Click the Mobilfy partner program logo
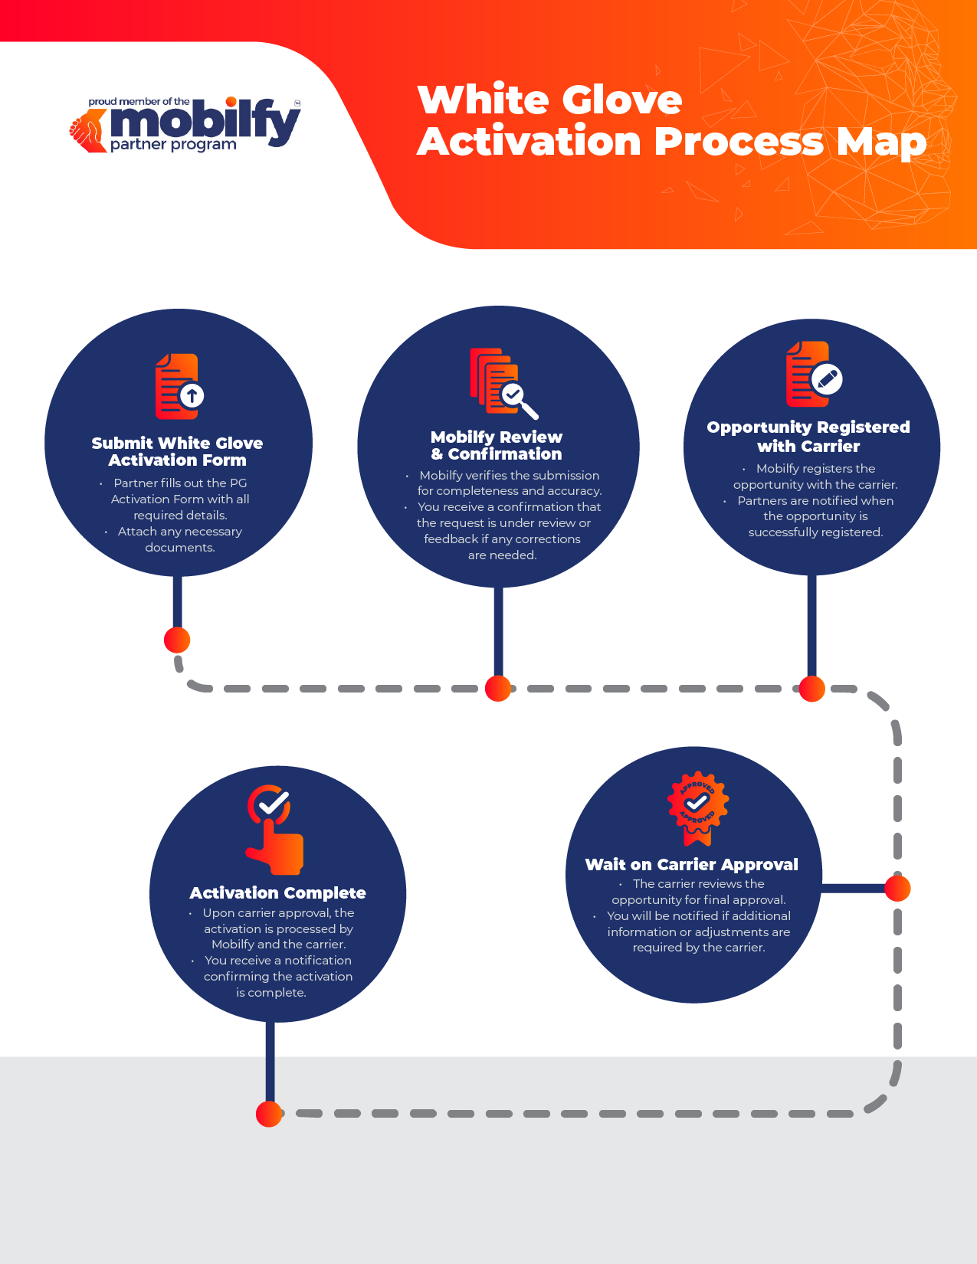point(185,125)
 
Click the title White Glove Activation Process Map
point(671,121)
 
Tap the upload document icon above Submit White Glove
point(179,387)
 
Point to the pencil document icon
point(813,375)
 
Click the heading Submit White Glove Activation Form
point(177,452)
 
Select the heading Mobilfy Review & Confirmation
point(497,446)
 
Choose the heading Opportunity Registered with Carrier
point(808,437)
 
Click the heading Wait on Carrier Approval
point(691,865)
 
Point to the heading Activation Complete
point(277,893)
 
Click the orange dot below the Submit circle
point(177,640)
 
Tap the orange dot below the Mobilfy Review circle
point(498,689)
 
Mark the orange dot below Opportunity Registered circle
point(812,689)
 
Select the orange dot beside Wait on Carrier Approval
point(897,889)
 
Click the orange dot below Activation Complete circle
point(269,1114)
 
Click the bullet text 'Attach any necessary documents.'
point(179,539)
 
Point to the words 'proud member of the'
point(139,102)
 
